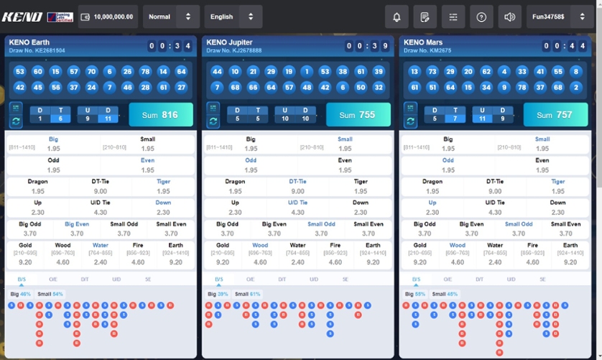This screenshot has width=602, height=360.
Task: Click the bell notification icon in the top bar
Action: pyautogui.click(x=397, y=17)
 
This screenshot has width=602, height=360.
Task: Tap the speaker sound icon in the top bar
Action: pyautogui.click(x=509, y=17)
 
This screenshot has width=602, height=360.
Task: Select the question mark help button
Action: pyautogui.click(x=481, y=17)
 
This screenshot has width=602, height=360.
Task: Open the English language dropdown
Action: pyautogui.click(x=233, y=17)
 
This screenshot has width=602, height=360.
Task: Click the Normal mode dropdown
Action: pyautogui.click(x=171, y=17)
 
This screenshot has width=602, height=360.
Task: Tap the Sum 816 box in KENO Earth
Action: pyautogui.click(x=161, y=115)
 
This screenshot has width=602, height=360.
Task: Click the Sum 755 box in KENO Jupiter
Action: pyautogui.click(x=358, y=115)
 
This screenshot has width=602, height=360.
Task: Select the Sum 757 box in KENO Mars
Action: pyautogui.click(x=555, y=115)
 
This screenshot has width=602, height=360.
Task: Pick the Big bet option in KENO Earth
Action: pyautogui.click(x=54, y=144)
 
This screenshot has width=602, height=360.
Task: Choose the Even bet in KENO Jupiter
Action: pyautogui.click(x=345, y=165)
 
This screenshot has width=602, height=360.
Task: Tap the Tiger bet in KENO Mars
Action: pyautogui.click(x=558, y=187)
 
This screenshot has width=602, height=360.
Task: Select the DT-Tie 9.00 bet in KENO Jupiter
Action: pyautogui.click(x=297, y=187)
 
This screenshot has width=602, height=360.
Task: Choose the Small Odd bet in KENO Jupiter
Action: pyautogui.click(x=321, y=229)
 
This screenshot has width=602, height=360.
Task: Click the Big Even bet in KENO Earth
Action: pyautogui.click(x=77, y=229)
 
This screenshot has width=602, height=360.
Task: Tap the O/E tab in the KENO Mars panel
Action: pyautogui.click(x=448, y=279)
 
